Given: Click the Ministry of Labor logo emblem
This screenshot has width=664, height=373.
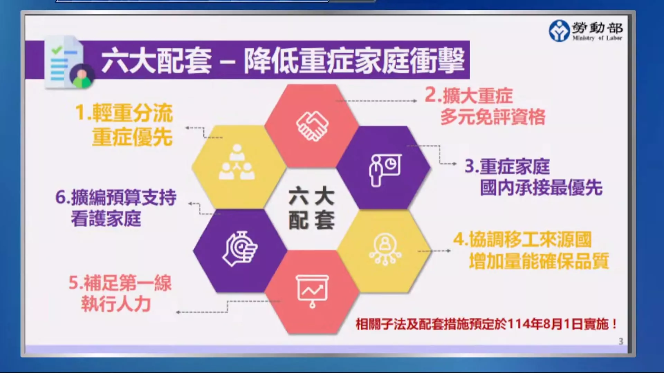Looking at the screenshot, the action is pyautogui.click(x=559, y=30).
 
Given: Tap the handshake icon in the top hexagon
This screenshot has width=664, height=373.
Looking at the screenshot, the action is pyautogui.click(x=312, y=126).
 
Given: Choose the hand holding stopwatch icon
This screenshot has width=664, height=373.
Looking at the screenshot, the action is pyautogui.click(x=240, y=249).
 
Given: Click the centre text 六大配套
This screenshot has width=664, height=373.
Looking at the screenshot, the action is pyautogui.click(x=311, y=208).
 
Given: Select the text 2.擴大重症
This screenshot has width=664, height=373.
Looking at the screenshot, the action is pyautogui.click(x=469, y=95).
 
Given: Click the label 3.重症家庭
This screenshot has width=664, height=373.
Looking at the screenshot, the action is pyautogui.click(x=507, y=166).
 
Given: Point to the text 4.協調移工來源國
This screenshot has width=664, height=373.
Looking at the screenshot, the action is pyautogui.click(x=523, y=239).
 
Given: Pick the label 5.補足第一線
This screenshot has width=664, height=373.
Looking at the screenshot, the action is pyautogui.click(x=120, y=283).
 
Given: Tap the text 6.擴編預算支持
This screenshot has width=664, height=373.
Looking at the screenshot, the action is pyautogui.click(x=116, y=197).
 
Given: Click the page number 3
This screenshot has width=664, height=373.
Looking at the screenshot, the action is pyautogui.click(x=621, y=341).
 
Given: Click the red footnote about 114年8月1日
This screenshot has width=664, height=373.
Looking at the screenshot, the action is pyautogui.click(x=486, y=324).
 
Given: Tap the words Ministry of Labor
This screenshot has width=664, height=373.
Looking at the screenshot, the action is pyautogui.click(x=597, y=38).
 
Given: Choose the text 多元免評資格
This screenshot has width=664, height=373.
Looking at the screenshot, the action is pyautogui.click(x=493, y=117).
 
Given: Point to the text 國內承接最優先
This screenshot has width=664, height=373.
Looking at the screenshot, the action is pyautogui.click(x=541, y=188).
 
